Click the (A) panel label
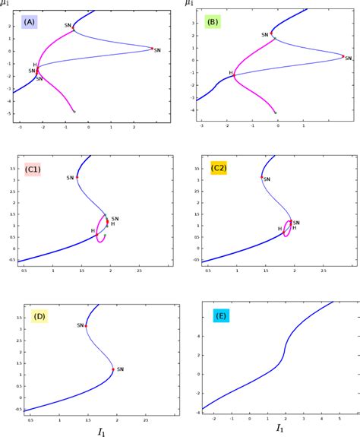pyautogui.click(x=30, y=22)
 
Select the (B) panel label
pyautogui.click(x=213, y=22)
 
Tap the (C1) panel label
pyautogui.click(x=33, y=169)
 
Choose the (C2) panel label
pyautogui.click(x=219, y=169)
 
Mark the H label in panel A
pyautogui.click(x=34, y=65)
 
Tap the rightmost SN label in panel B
pyautogui.click(x=349, y=58)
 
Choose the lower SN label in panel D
pyautogui.click(x=120, y=369)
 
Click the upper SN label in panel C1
pyautogui.click(x=71, y=177)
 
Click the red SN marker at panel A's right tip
pyautogui.click(x=151, y=48)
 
